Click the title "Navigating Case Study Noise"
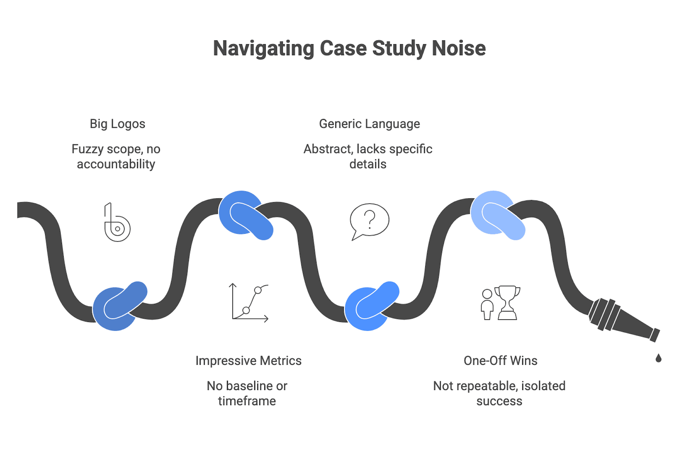point(349,48)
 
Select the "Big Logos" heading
point(117,124)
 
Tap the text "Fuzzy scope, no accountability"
point(116,157)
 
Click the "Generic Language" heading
point(369,124)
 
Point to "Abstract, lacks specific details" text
point(368,157)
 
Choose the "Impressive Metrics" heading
point(248,361)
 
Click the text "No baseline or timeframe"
point(247,393)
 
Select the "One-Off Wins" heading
point(500,361)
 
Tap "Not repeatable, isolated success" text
point(499,393)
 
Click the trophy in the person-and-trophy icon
point(507,302)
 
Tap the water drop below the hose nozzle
point(658,358)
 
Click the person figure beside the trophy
point(487,304)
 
